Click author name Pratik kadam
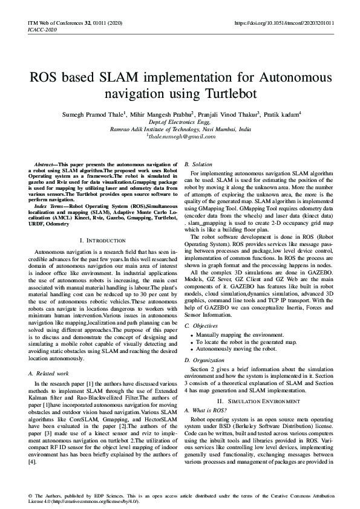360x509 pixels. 284,114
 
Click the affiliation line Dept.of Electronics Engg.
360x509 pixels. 180,122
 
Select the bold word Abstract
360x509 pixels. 44,164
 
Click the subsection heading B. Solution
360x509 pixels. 198,164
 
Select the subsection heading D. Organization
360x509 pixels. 203,360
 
